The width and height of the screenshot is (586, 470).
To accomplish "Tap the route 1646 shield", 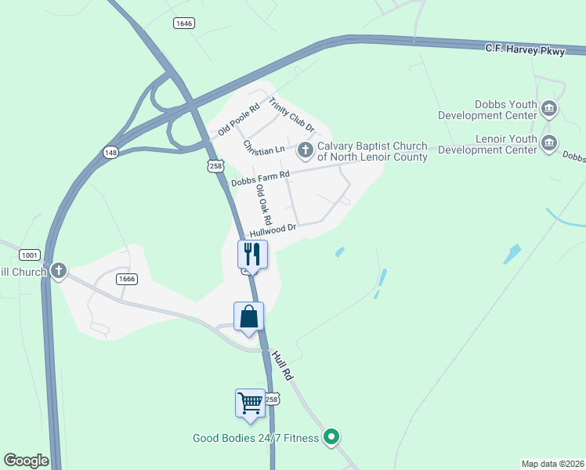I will click(183, 23).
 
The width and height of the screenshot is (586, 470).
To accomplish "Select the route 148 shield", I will click(110, 152).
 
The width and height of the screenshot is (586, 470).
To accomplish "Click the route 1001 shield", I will click(30, 255).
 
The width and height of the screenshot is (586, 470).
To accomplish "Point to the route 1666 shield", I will click(126, 278).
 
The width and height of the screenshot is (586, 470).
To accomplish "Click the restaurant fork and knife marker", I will click(252, 254).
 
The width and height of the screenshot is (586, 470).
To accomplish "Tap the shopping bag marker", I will click(248, 316).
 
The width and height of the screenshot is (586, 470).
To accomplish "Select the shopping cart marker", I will click(250, 403).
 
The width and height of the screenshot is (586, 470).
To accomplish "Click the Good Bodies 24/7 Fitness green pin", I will click(331, 437).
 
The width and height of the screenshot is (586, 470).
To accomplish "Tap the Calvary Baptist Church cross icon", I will click(306, 149).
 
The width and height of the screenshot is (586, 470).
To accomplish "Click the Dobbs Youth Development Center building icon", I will click(549, 108).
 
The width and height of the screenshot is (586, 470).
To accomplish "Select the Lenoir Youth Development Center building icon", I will click(549, 143).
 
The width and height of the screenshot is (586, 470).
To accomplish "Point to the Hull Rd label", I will click(282, 366).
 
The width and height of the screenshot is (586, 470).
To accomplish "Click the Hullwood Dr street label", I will click(272, 230).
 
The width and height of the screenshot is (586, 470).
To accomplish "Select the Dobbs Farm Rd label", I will click(261, 178).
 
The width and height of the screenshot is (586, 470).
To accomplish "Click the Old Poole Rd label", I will click(238, 118).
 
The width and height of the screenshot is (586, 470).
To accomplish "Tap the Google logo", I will click(26, 461).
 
